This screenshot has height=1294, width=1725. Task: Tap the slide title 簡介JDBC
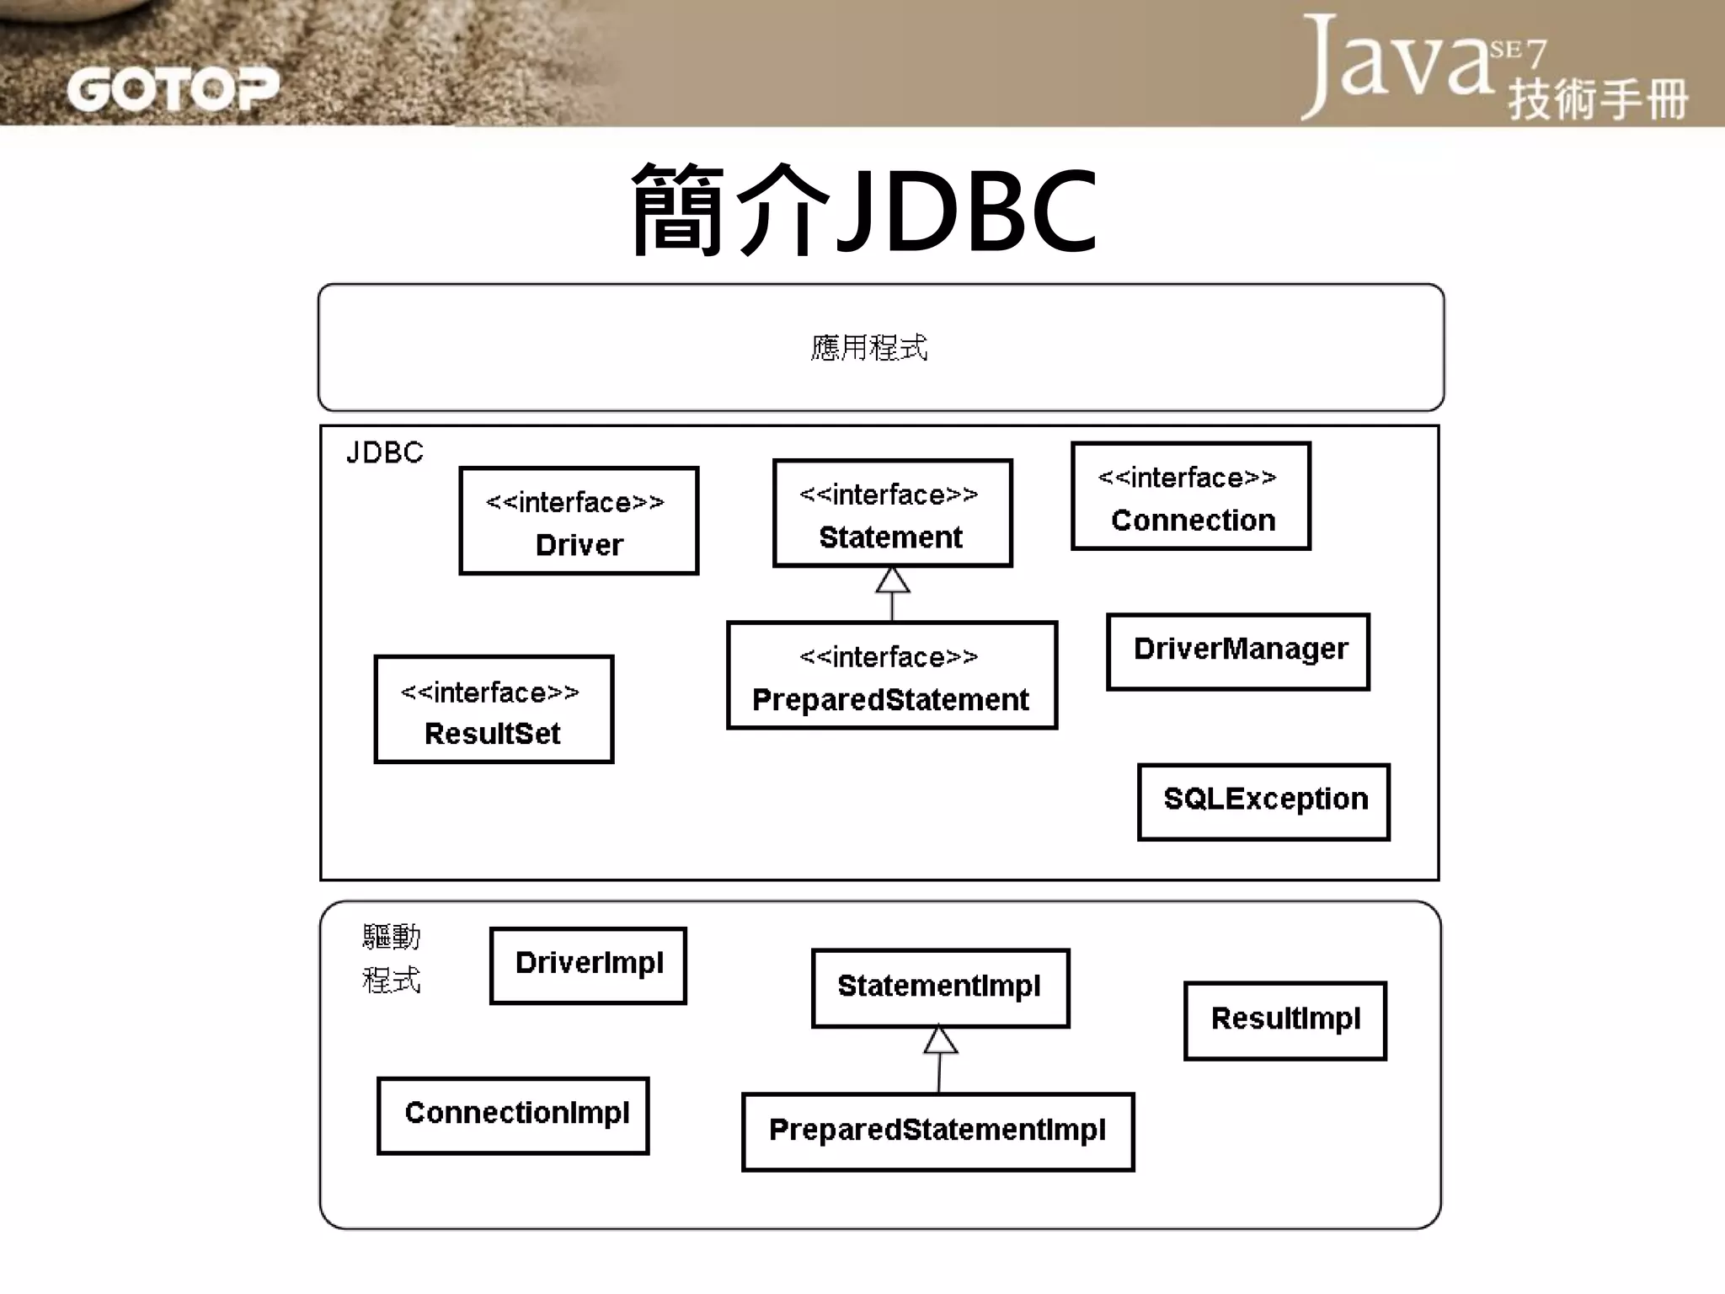click(864, 211)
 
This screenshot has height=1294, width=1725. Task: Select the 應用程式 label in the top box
click(868, 347)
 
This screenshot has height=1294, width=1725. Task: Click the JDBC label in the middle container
click(384, 453)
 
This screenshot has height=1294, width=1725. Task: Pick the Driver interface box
click(579, 521)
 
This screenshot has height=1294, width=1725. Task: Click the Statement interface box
click(892, 513)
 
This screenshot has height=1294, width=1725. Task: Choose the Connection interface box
click(1191, 496)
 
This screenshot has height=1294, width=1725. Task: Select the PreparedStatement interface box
click(892, 676)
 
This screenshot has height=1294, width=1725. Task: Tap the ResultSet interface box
click(494, 709)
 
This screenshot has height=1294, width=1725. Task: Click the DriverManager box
click(1238, 651)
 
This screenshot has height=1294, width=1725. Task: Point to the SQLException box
click(1263, 801)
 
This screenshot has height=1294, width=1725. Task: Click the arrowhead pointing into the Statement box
click(892, 580)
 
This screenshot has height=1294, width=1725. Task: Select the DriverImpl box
click(588, 965)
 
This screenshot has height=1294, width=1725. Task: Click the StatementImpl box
click(940, 987)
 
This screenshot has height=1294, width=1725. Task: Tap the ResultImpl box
click(1284, 1020)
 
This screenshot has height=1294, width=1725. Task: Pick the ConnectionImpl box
click(513, 1115)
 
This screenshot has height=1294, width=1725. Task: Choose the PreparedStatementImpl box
click(937, 1131)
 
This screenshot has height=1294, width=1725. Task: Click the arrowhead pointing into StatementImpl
click(940, 1040)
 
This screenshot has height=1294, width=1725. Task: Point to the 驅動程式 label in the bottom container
click(391, 958)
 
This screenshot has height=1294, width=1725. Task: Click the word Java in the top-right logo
click(1398, 63)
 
